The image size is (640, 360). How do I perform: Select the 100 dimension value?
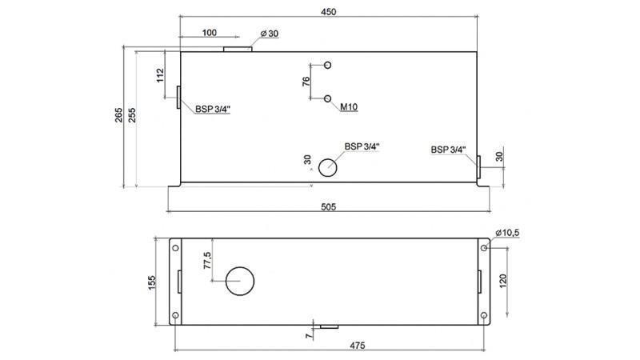pos(209,33)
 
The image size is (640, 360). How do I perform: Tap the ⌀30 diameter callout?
pos(270,34)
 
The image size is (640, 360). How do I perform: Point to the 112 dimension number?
pos(160,75)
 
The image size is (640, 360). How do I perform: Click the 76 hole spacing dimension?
pos(306,81)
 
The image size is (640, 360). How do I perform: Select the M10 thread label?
pos(349,106)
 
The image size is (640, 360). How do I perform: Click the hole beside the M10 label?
pos(328,98)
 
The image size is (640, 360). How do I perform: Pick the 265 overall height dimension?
pos(118,114)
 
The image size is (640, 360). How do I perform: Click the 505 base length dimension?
pos(328,206)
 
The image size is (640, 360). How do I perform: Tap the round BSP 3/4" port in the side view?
pos(328,167)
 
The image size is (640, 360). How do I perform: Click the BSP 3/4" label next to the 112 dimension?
pos(212,110)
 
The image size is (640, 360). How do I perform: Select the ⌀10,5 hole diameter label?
pos(508,232)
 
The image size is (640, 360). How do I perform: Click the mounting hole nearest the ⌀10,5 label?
pos(483,248)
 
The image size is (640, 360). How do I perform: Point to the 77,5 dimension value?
pos(206,261)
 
